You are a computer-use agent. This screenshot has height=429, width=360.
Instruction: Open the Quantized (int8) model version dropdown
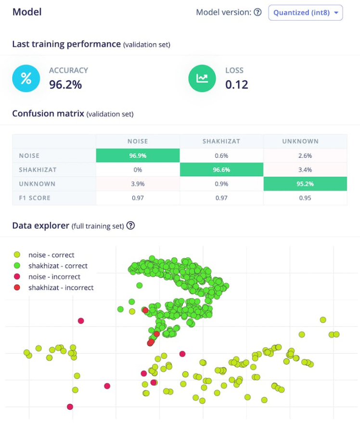tap(305, 13)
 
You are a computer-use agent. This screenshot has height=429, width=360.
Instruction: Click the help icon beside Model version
tap(257, 13)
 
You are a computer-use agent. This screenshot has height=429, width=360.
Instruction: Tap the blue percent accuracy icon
tap(26, 78)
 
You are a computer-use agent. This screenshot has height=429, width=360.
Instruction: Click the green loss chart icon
tap(202, 78)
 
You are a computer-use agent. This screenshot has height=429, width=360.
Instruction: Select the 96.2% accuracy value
tap(65, 85)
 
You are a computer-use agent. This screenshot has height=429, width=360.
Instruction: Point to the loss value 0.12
tap(237, 85)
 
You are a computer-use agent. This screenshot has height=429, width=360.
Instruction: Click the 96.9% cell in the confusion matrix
tap(138, 155)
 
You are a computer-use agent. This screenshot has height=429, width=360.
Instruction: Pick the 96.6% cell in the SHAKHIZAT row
tap(221, 169)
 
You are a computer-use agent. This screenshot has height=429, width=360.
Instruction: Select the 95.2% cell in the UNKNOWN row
tap(305, 184)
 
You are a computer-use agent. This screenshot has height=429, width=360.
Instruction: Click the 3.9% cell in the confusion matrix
tap(138, 184)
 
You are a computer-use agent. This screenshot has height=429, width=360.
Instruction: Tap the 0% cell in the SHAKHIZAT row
tap(138, 169)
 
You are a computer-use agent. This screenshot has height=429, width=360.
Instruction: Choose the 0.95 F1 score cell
tap(305, 198)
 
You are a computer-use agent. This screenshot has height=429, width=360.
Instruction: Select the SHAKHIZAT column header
tap(221, 141)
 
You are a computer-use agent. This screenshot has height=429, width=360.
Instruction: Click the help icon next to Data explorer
tap(130, 225)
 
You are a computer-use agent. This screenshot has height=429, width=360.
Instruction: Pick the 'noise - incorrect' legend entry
tap(54, 277)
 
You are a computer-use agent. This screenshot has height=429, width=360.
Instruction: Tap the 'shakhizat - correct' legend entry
tap(58, 265)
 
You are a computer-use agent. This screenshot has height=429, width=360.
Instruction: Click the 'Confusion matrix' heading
tap(48, 114)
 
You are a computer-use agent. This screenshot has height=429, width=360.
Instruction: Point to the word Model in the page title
tap(27, 12)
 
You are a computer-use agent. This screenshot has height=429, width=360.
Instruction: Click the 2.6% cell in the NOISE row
tap(305, 155)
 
